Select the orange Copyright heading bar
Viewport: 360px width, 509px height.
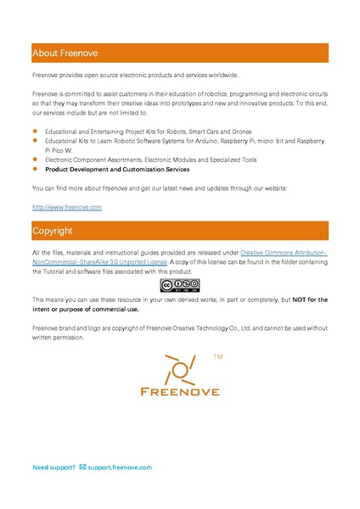[x=179, y=231]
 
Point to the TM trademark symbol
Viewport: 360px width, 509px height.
[x=218, y=359]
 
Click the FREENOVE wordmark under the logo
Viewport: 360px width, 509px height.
[x=179, y=391]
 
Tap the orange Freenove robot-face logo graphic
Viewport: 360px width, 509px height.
[x=179, y=370]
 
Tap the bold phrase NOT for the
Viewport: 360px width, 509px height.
[x=310, y=299]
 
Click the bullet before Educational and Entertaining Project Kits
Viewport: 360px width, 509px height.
[x=36, y=131]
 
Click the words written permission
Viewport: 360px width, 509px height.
[x=58, y=338]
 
